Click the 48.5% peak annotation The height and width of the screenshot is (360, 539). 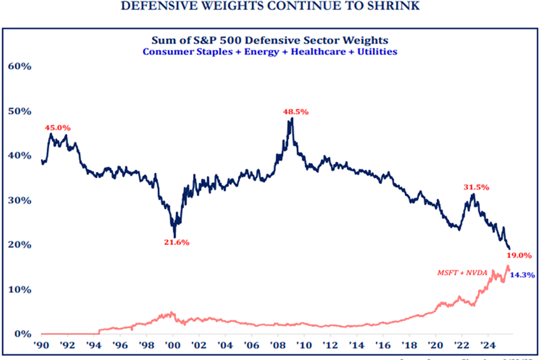(295, 112)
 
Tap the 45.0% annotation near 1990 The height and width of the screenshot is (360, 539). (57, 127)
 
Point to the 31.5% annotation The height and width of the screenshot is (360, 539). (476, 187)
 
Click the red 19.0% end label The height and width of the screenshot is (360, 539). (519, 255)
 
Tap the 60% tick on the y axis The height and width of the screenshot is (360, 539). (19, 66)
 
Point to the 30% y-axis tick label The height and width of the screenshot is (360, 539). (19, 200)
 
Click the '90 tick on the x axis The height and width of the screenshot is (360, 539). (41, 345)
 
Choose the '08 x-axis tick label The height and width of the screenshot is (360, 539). (278, 345)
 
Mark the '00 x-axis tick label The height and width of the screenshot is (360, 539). (173, 345)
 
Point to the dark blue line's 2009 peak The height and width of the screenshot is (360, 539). (291, 118)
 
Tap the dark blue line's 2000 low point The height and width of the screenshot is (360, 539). (174, 237)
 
